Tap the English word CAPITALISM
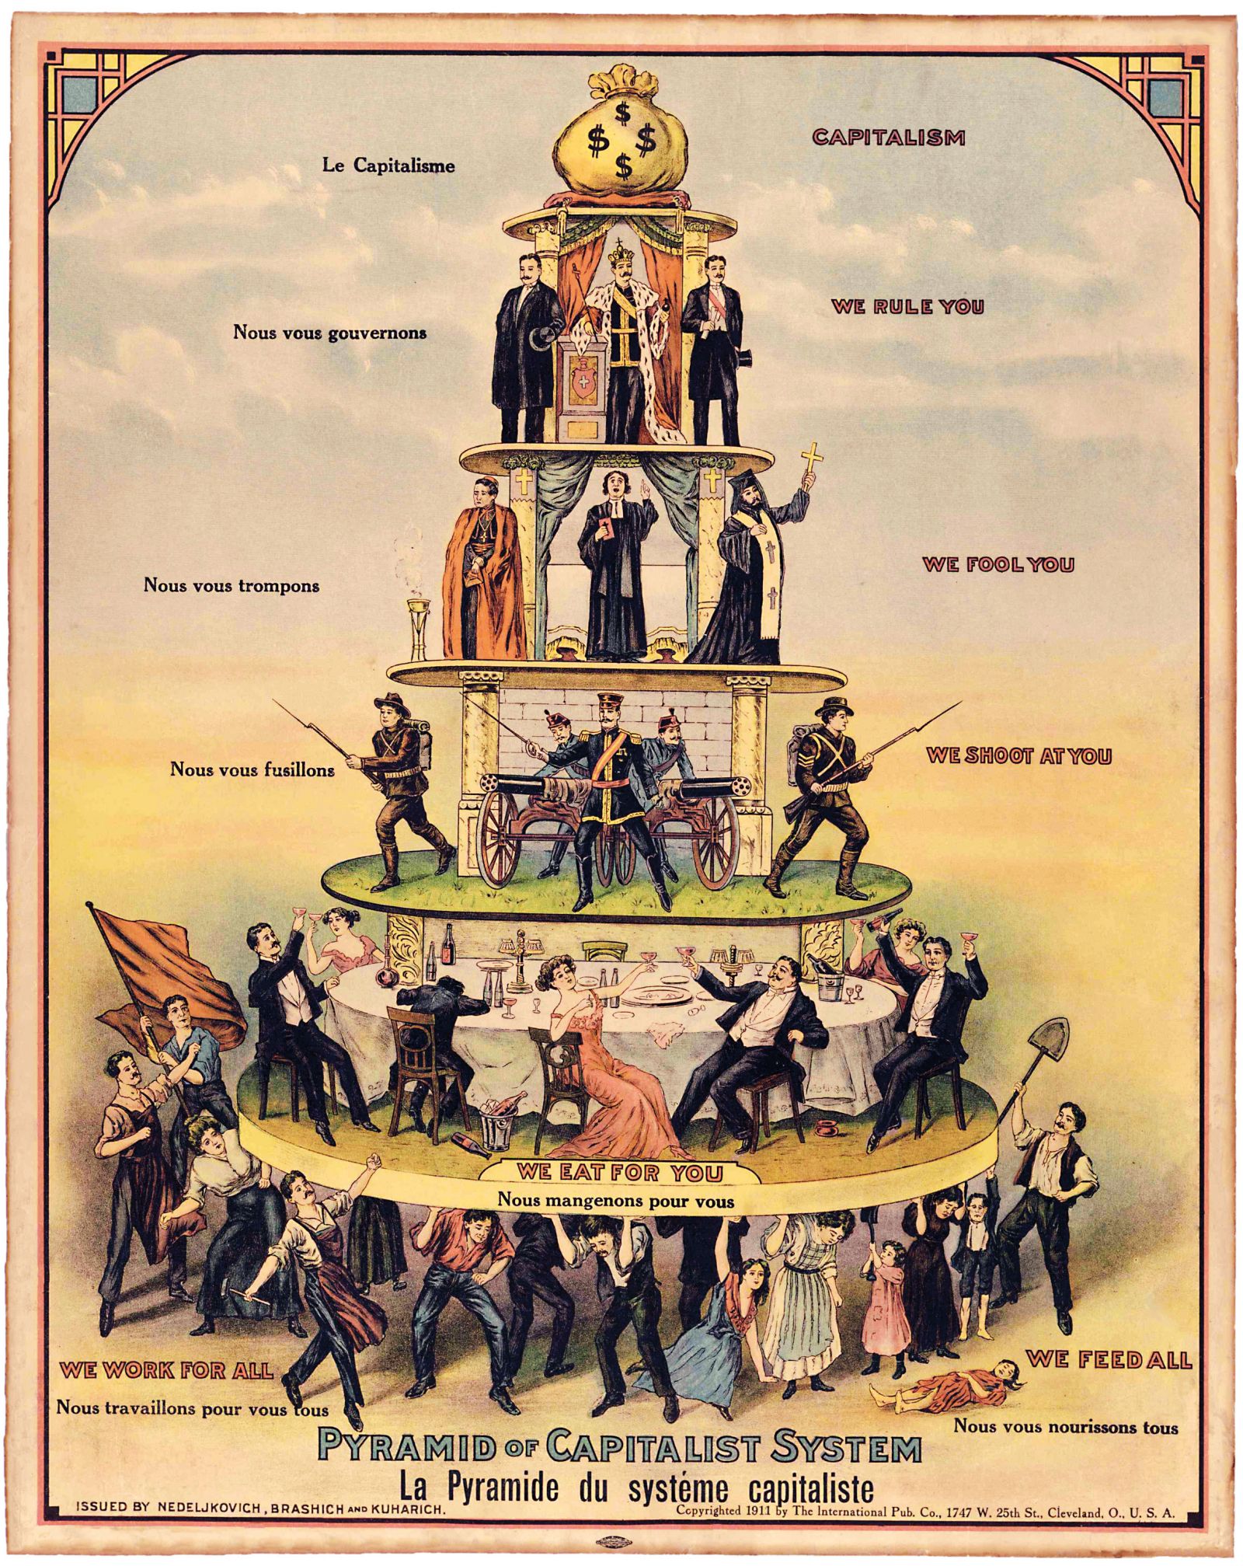(888, 138)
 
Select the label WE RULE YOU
(907, 305)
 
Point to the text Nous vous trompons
(231, 584)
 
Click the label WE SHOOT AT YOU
(1018, 755)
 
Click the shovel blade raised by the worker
(1050, 1045)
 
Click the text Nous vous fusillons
(252, 769)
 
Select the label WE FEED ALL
(1109, 1359)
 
